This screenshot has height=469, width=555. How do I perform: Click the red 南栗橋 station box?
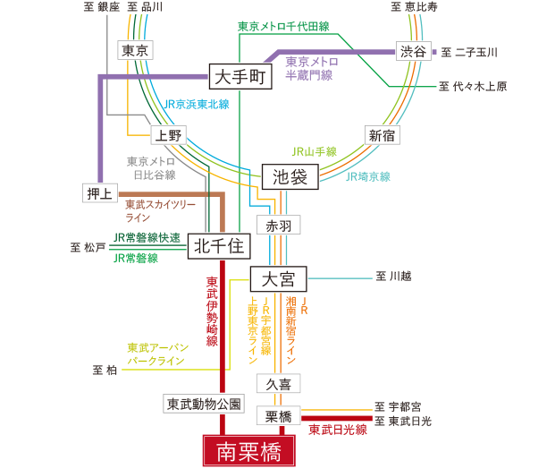pos(248,450)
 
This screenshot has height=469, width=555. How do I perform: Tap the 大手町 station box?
pos(240,77)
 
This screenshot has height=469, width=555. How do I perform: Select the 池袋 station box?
pos(290,176)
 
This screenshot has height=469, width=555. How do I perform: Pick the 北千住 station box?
pos(219,245)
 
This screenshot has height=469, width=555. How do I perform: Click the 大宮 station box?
pos(278,278)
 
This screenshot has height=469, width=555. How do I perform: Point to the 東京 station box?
pos(136,50)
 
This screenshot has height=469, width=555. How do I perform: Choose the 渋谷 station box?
pos(413,51)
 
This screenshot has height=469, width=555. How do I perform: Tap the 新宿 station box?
pos(382,135)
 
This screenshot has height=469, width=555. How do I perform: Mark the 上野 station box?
pos(168,135)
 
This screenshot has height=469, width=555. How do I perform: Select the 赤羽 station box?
pos(278,225)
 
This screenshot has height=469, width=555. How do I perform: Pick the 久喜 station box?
pos(278,383)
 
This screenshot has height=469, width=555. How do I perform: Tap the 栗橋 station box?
pos(278,415)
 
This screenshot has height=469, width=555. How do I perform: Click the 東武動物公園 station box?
pos(204,404)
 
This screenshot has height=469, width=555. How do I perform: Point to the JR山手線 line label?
pos(314,152)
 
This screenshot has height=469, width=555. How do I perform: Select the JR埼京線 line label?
pos(367,177)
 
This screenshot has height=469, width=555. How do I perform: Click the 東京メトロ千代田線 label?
pos(283,27)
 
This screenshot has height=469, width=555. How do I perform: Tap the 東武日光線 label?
pos(338,431)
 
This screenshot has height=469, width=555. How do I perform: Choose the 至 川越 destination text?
pos(393,277)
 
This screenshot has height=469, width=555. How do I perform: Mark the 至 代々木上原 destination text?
pos(473,87)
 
